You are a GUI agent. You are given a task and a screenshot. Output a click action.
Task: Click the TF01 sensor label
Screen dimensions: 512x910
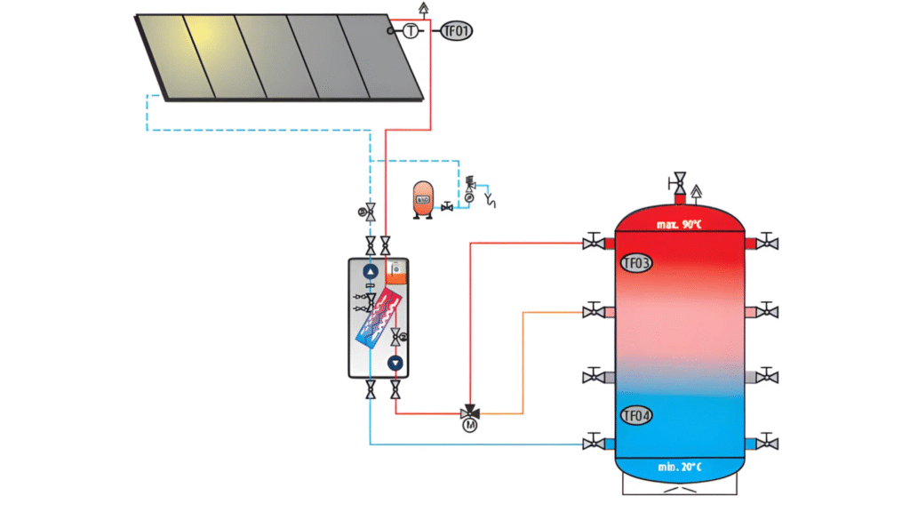pos(457,31)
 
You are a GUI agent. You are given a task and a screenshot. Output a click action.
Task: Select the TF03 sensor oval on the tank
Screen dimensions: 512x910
pos(635,263)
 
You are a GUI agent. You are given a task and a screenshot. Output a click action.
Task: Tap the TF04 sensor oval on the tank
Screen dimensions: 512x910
pos(635,415)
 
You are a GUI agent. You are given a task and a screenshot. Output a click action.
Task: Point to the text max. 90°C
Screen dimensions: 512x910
pos(680,224)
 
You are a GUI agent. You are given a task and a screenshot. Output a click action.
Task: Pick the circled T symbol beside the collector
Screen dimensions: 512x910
pos(411,31)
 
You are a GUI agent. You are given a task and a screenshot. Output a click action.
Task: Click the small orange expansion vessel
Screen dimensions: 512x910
pos(422,200)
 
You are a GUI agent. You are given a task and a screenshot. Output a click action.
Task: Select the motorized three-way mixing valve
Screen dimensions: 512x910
pos(469,413)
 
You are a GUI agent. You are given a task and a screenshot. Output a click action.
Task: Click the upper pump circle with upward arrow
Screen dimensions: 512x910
pos(371,271)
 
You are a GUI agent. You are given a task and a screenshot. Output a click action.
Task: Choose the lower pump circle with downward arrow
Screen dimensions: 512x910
pos(395,363)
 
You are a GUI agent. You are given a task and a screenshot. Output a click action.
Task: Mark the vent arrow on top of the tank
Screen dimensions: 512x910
pos(696,189)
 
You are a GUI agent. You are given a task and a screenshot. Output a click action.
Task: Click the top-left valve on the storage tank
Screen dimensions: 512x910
pos(590,243)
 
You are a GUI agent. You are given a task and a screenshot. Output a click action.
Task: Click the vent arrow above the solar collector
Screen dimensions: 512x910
pos(423,8)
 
